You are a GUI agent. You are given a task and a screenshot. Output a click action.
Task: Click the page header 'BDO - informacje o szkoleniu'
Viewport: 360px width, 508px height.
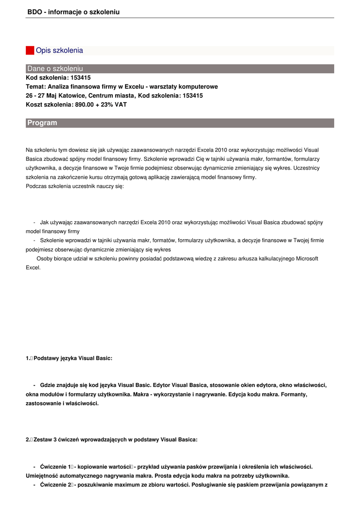coord(73,11)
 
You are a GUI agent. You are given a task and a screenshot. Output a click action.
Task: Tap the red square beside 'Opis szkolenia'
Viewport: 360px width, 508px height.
coord(30,51)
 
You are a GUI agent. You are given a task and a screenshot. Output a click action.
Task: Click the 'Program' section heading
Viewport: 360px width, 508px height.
coord(42,123)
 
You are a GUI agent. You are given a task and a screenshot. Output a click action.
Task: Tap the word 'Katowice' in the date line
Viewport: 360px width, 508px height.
coord(74,95)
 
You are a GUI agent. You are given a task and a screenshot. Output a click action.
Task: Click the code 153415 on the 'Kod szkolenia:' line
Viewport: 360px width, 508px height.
coord(80,77)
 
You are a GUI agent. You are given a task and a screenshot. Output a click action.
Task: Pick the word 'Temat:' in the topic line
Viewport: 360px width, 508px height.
coord(36,86)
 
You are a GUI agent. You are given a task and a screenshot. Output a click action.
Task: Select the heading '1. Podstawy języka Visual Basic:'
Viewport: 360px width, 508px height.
coord(69,358)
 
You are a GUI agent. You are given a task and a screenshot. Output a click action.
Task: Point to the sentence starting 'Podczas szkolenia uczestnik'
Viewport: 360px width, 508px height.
coord(74,186)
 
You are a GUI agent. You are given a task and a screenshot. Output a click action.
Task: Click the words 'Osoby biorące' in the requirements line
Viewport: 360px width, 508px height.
coord(54,258)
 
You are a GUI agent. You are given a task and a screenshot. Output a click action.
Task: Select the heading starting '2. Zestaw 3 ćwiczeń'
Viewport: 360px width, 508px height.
coord(111,440)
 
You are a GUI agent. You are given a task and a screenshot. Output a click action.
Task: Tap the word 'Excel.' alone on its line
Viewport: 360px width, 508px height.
coord(33,267)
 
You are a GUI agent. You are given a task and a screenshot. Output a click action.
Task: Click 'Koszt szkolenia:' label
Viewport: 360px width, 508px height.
coord(49,104)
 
